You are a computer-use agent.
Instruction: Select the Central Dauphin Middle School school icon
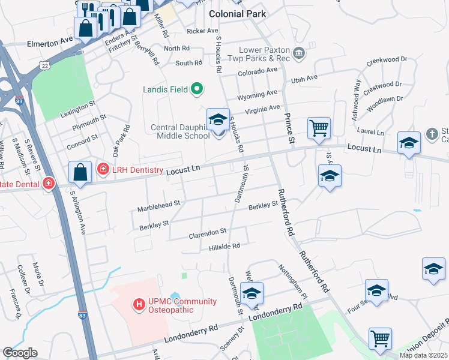pyautogui.click(x=218, y=119)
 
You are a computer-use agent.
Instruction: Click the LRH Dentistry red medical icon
pyautogui.click(x=103, y=170)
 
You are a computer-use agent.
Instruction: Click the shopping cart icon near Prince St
pyautogui.click(x=319, y=127)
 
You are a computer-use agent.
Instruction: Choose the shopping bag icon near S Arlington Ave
pyautogui.click(x=80, y=172)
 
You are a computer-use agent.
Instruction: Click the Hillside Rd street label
pyautogui.click(x=224, y=246)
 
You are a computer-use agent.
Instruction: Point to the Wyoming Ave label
pyautogui.click(x=258, y=94)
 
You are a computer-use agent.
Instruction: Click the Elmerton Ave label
pyautogui.click(x=50, y=43)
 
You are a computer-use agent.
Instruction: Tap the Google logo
pyautogui.click(x=20, y=353)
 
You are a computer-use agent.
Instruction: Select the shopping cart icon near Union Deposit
pyautogui.click(x=380, y=338)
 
